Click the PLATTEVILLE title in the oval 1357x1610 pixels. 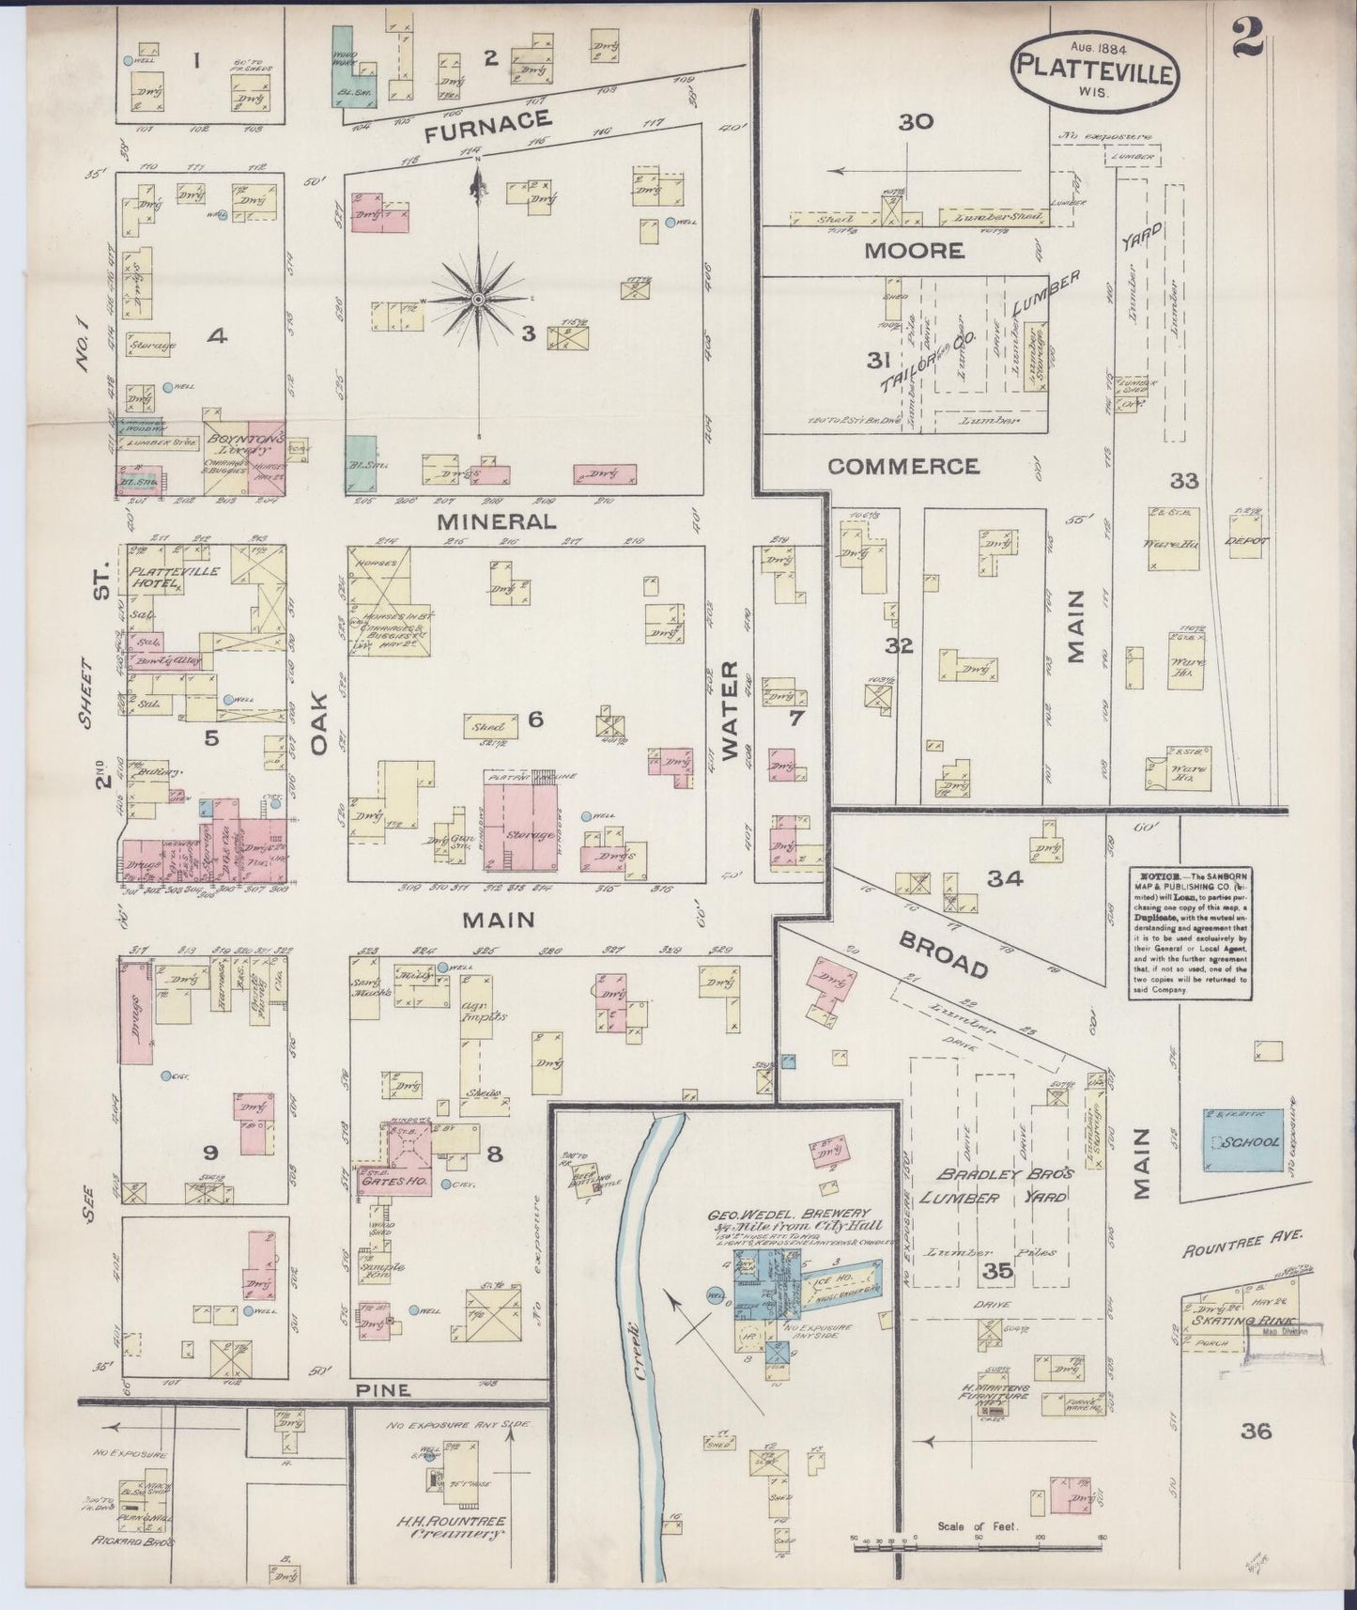pos(1094,71)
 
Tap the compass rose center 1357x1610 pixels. pos(478,299)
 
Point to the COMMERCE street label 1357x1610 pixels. pos(902,466)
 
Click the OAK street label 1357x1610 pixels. pos(319,723)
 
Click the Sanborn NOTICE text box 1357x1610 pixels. pos(1189,931)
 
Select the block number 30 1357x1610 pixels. pos(916,121)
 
